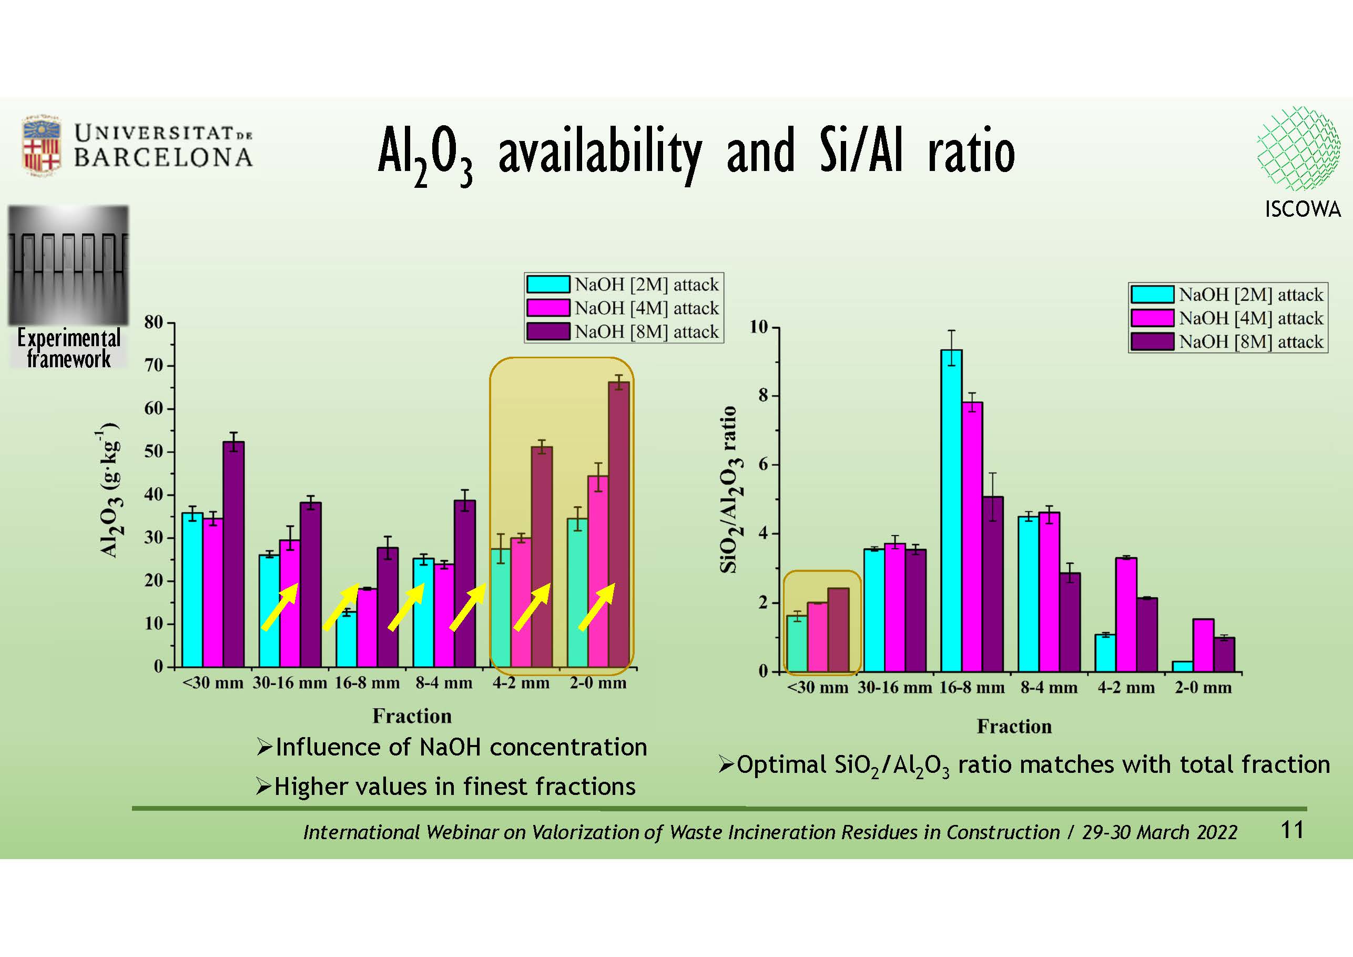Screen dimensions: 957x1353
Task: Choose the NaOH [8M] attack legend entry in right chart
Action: [x=1227, y=341]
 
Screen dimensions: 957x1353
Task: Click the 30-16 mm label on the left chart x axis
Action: [x=290, y=683]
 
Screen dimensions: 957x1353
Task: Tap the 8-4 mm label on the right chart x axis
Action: [x=1049, y=688]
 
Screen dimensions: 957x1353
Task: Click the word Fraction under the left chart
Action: [x=412, y=716]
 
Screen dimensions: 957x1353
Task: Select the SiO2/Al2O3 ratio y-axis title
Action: [x=729, y=489]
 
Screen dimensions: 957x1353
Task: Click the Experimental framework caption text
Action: [x=68, y=348]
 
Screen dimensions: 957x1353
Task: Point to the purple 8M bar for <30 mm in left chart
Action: [x=233, y=555]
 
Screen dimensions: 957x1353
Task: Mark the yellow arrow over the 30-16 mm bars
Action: [x=280, y=607]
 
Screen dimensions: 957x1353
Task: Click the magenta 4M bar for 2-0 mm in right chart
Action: [x=1203, y=645]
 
